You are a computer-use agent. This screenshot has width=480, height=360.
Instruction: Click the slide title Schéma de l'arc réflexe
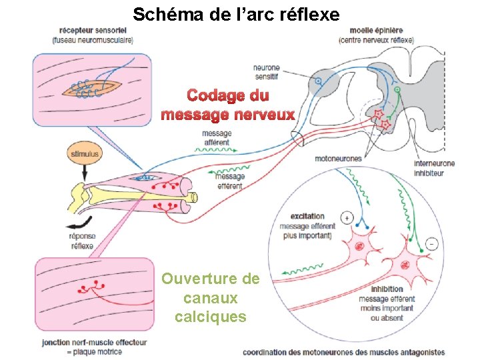(236, 13)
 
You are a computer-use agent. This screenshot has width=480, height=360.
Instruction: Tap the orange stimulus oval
(84, 154)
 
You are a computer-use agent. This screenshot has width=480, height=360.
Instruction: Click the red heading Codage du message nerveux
(228, 105)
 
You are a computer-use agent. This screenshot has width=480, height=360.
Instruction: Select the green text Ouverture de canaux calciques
(211, 297)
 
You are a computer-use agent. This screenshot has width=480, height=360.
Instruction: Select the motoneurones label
(338, 159)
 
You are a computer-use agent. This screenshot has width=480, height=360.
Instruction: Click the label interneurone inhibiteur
(435, 168)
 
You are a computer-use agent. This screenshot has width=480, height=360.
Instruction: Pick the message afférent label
(216, 137)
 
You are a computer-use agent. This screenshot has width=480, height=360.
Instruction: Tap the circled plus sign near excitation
(347, 218)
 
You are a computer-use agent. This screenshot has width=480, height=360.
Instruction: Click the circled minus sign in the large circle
(432, 244)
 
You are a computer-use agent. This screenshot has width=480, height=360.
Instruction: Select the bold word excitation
(308, 217)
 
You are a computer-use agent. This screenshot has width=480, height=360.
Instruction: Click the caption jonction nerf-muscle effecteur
(94, 343)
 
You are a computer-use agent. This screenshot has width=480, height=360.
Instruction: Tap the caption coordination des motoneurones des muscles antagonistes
(344, 352)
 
